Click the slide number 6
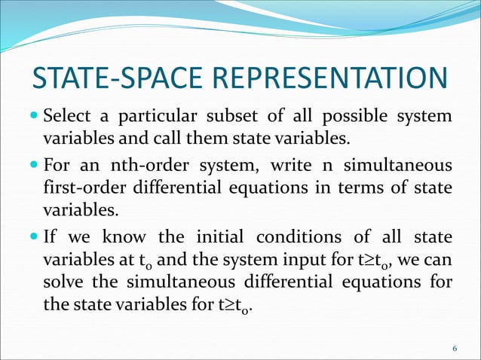coord(455,348)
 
